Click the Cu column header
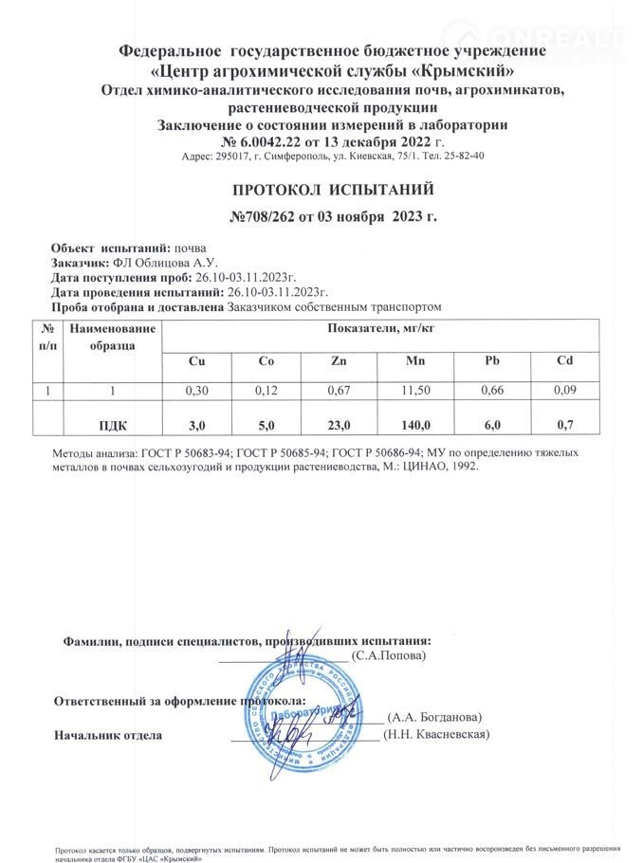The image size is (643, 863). [196, 361]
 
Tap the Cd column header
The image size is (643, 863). [564, 361]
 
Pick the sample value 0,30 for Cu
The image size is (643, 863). [196, 390]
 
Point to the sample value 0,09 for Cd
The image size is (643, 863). [564, 390]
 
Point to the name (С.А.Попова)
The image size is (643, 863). [388, 654]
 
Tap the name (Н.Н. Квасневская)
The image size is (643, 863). [435, 734]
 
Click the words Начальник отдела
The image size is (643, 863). [108, 735]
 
